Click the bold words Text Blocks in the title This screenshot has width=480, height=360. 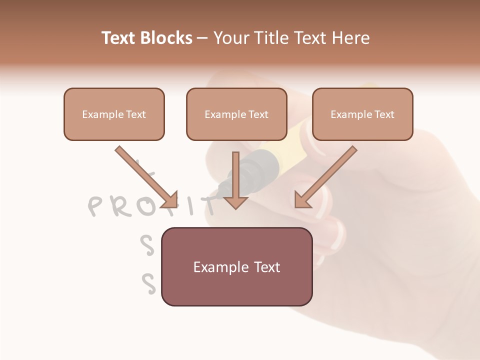(147, 38)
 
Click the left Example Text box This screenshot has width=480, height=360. (114, 114)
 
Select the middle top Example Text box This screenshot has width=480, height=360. (236, 114)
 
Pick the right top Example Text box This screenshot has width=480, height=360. (362, 114)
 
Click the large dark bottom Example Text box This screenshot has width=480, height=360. (236, 267)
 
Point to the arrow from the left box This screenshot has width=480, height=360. (145, 175)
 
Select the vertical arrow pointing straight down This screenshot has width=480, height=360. (235, 180)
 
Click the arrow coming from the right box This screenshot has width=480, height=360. (327, 175)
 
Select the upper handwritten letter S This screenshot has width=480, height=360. (146, 245)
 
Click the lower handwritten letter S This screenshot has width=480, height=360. (148, 283)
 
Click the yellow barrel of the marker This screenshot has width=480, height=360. (285, 145)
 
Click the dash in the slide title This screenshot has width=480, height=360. (202, 38)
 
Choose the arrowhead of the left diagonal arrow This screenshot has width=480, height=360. (170, 199)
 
